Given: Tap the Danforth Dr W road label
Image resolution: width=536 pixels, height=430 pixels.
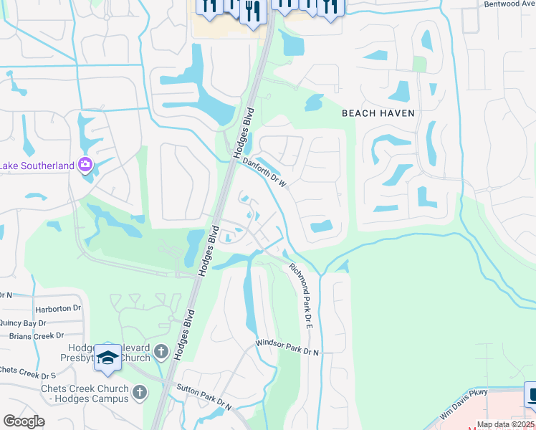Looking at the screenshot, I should tap(264, 173).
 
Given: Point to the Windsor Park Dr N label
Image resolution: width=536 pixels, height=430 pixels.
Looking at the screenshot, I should tap(287, 349).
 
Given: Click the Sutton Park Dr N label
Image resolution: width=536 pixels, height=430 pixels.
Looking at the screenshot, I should tap(206, 398).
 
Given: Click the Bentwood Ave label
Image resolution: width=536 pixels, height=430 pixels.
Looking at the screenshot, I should tap(509, 4).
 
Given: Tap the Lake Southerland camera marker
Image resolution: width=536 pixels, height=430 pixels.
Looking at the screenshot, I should tap(85, 166).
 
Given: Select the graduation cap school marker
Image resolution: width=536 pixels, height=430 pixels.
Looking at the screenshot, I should tap(108, 358).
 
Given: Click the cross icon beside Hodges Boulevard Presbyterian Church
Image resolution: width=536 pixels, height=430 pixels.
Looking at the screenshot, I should tap(161, 352).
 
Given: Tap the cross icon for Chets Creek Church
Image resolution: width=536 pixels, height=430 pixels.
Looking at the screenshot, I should tap(140, 392).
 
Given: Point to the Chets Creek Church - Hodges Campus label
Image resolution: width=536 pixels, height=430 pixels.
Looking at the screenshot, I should tap(85, 393).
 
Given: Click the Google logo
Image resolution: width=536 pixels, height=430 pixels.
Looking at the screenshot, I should tap(24, 421).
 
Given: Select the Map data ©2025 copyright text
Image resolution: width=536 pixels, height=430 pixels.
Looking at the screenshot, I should tap(504, 424).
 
